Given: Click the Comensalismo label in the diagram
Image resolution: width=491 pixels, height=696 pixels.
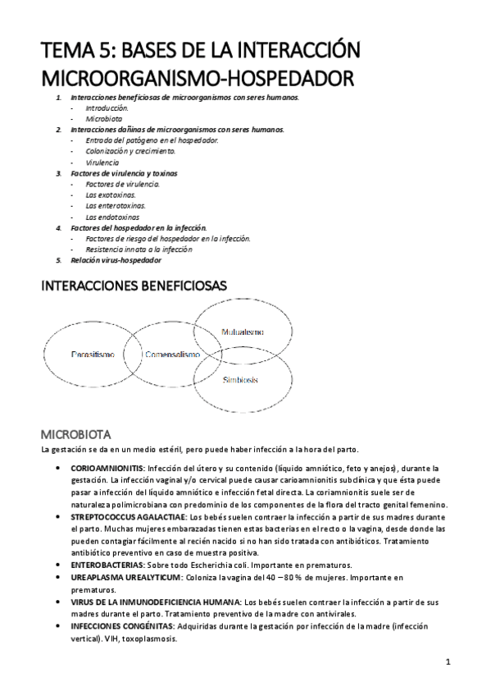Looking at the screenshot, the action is coord(172,355).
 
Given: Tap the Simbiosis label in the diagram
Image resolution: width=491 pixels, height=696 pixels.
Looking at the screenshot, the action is coord(241,380).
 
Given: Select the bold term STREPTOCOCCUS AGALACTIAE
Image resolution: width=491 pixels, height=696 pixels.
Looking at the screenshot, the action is coord(141,519).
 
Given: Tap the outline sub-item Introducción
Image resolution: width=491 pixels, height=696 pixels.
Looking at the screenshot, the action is coord(107,108).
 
